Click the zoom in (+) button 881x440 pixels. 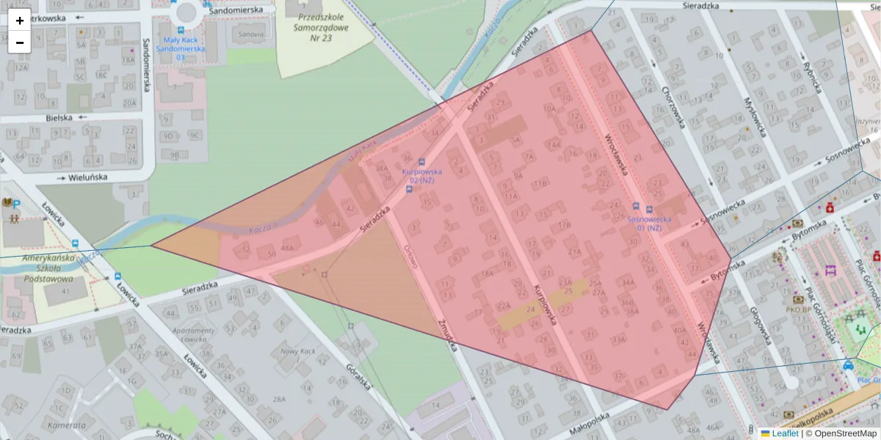coord(20,20)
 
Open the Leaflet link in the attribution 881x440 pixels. coord(786,433)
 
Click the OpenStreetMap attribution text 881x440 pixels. coord(845,433)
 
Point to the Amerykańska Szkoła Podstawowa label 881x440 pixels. coord(49,268)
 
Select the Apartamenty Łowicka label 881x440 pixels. coord(192,335)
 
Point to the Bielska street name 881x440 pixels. coord(59,117)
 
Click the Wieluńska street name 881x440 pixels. coord(88,177)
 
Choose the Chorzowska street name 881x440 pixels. coord(672,107)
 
